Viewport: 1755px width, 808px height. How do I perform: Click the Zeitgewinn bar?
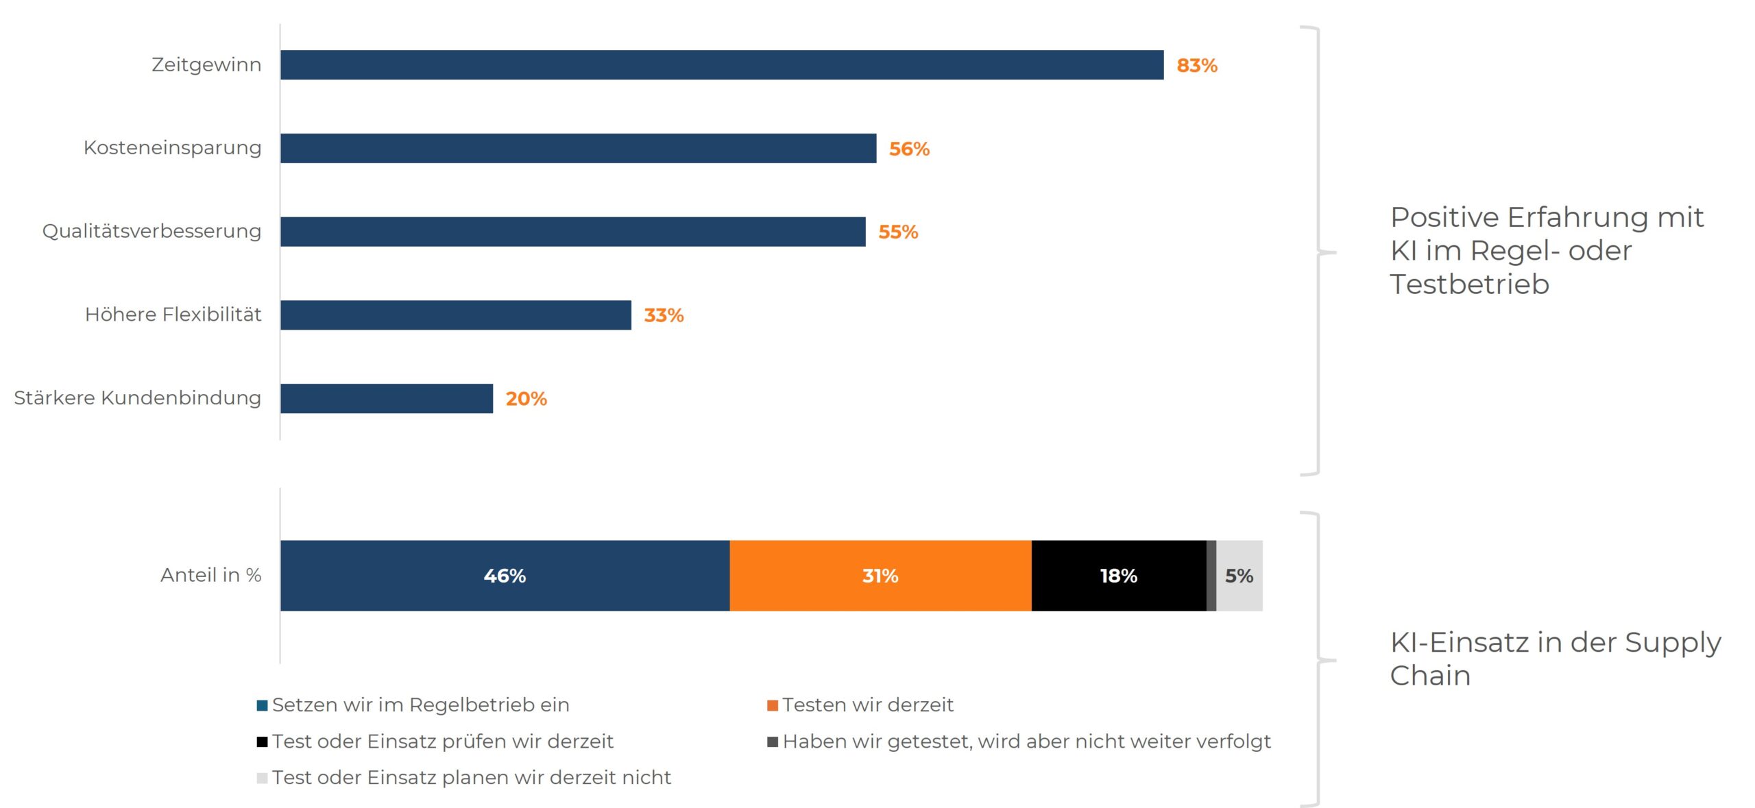721,64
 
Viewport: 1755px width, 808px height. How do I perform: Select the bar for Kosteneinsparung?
578,148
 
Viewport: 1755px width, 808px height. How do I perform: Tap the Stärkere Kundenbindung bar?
386,398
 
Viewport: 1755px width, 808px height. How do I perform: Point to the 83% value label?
1196,66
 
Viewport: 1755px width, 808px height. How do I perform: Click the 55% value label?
897,232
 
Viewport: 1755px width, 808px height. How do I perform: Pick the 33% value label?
663,315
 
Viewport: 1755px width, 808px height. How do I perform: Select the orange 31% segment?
880,576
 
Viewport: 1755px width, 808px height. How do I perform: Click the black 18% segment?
1118,576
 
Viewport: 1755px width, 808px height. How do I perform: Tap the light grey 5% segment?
1239,576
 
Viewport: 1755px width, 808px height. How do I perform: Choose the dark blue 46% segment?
505,576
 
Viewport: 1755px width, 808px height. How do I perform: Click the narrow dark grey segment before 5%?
1211,576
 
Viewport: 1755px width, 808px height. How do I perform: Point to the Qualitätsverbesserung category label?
152,231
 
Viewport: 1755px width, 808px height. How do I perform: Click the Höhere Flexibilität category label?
173,315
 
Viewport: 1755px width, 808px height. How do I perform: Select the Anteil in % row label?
210,575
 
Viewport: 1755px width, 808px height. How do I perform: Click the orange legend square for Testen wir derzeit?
772,705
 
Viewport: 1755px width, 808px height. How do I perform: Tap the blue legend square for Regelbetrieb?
262,705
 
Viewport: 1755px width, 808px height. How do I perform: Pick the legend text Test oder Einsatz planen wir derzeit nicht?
471,777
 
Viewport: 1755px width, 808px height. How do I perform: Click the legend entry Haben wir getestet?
1026,741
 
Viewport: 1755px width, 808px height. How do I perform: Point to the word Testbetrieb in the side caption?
1469,284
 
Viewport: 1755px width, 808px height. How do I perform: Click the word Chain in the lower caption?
1430,676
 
